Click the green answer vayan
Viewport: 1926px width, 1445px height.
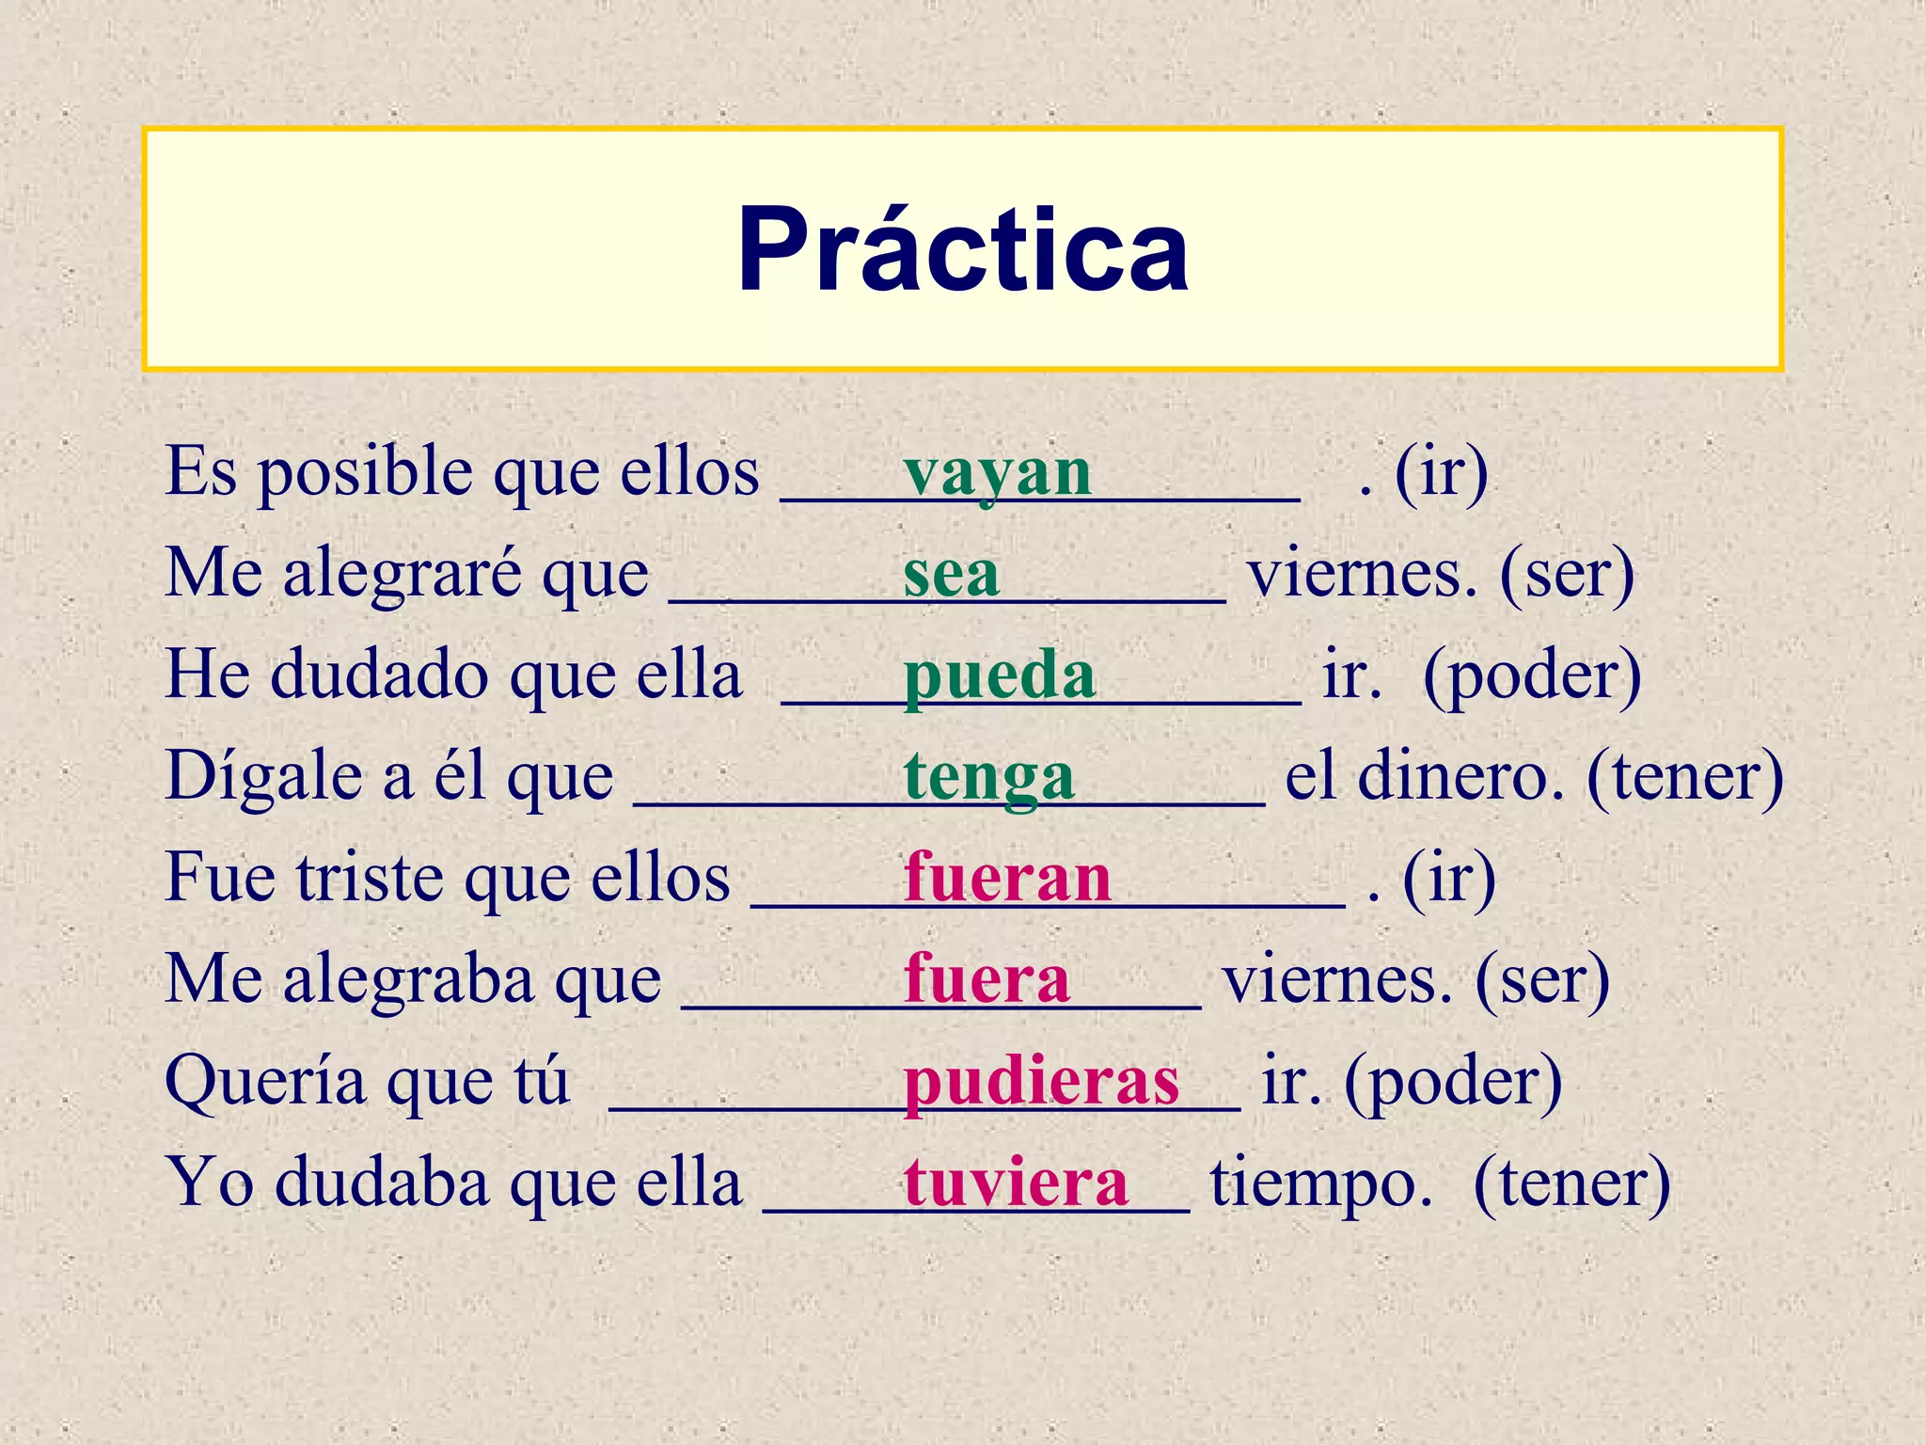click(x=997, y=472)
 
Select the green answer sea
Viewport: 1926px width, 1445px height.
click(x=951, y=574)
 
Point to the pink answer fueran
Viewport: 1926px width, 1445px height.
click(x=1007, y=879)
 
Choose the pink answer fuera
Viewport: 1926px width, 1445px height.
click(x=987, y=980)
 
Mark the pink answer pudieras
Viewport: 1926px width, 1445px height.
click(x=1041, y=1082)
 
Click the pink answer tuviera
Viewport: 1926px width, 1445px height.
click(x=1016, y=1183)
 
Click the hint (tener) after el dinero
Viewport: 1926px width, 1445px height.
click(x=1684, y=777)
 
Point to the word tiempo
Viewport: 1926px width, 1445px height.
click(x=1321, y=1183)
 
